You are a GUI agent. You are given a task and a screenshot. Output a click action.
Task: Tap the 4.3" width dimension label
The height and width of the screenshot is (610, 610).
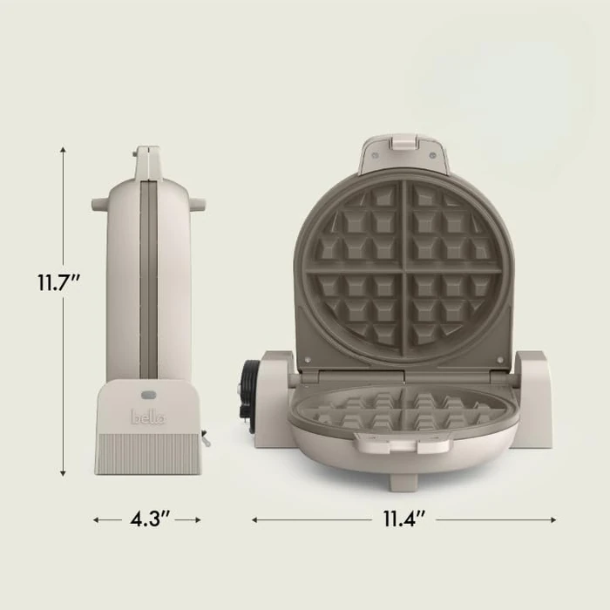coord(147,519)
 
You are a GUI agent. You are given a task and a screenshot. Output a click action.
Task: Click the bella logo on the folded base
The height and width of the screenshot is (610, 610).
coord(147,417)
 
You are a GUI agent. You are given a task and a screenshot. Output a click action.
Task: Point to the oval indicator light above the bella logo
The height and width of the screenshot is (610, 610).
coord(147,396)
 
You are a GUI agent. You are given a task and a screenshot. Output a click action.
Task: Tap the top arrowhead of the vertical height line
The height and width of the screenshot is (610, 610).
coord(64,150)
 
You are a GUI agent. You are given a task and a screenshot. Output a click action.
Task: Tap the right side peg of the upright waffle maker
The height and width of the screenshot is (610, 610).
coord(198,205)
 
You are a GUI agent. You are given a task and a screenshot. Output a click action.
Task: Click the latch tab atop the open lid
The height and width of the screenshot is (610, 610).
coord(403,143)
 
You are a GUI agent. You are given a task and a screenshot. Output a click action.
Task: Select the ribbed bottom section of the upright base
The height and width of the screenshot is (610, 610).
coord(147,454)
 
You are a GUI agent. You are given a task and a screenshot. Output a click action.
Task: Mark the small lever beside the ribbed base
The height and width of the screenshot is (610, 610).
coord(207,439)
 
